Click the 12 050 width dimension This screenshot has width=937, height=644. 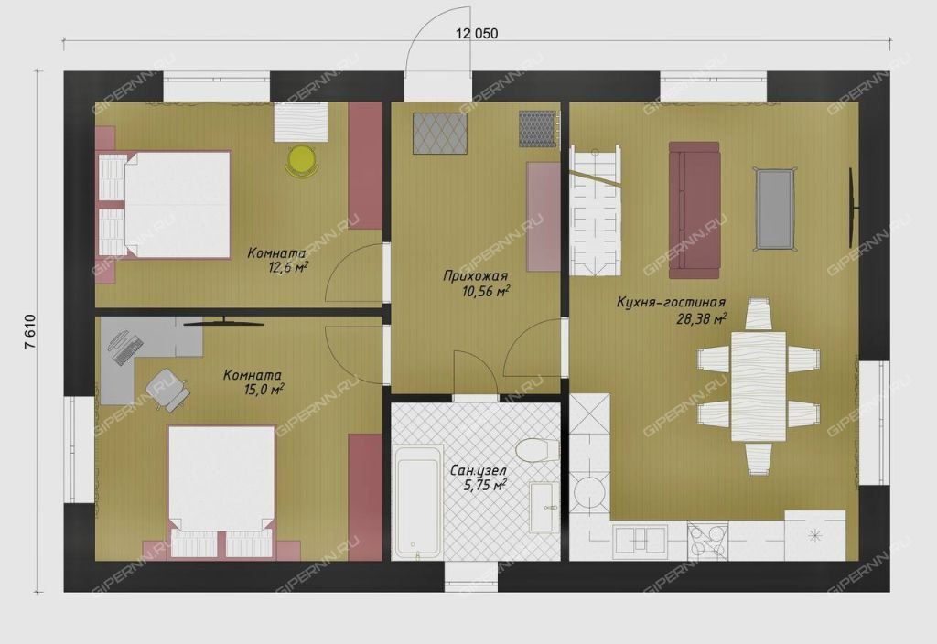[476, 34]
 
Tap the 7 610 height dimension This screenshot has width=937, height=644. [30, 332]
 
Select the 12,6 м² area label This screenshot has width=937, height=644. [288, 267]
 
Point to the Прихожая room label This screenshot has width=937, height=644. [475, 276]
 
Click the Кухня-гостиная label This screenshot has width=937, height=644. [671, 303]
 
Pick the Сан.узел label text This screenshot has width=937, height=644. [478, 471]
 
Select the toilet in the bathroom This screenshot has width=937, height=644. [533, 450]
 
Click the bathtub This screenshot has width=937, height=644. [418, 500]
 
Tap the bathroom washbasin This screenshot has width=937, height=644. [545, 507]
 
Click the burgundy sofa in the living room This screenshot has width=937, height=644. [694, 210]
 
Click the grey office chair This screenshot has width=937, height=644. [167, 388]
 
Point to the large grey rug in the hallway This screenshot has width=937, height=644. [440, 134]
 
